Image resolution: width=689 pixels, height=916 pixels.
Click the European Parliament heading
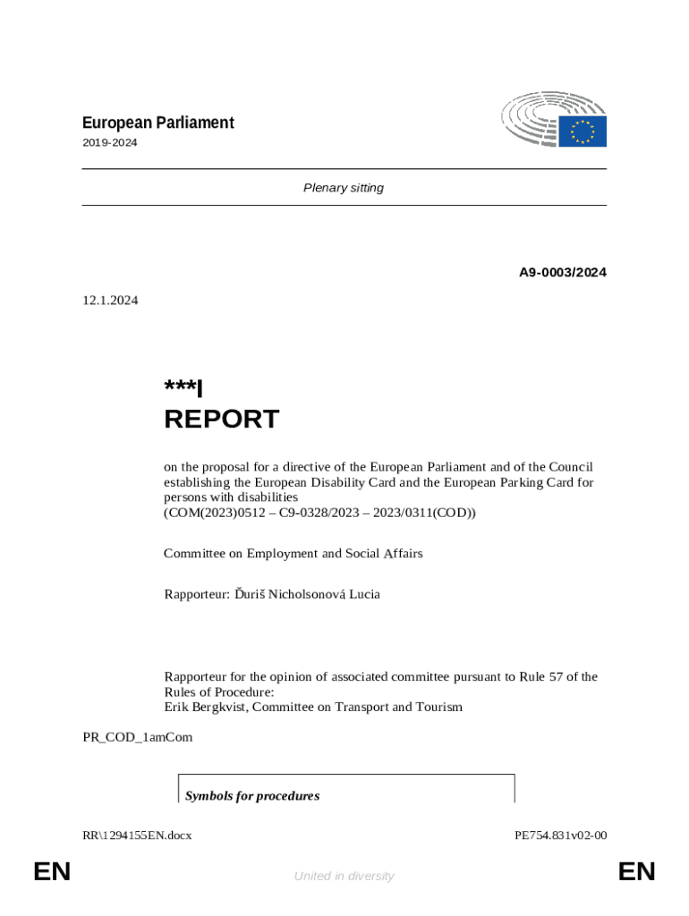coord(158,123)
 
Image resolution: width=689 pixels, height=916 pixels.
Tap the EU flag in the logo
coord(583,131)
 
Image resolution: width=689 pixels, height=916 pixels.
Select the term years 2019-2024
coord(110,142)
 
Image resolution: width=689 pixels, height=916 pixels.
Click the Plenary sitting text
coord(344,188)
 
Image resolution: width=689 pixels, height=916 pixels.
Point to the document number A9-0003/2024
coord(563,272)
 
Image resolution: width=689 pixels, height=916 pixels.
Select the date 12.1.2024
coord(110,301)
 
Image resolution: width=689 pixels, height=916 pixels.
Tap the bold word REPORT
coord(221,419)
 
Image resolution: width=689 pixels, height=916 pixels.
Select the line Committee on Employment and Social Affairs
coord(293,554)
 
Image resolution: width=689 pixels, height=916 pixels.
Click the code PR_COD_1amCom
coord(137,737)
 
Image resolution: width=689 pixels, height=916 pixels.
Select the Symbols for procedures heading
coord(252,795)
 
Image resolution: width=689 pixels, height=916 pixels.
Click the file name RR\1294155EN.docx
coord(137,835)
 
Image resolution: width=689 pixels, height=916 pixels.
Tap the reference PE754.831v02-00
coord(561,835)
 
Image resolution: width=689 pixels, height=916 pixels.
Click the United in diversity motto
coord(344,876)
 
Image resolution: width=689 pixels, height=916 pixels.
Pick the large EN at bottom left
coord(52,871)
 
